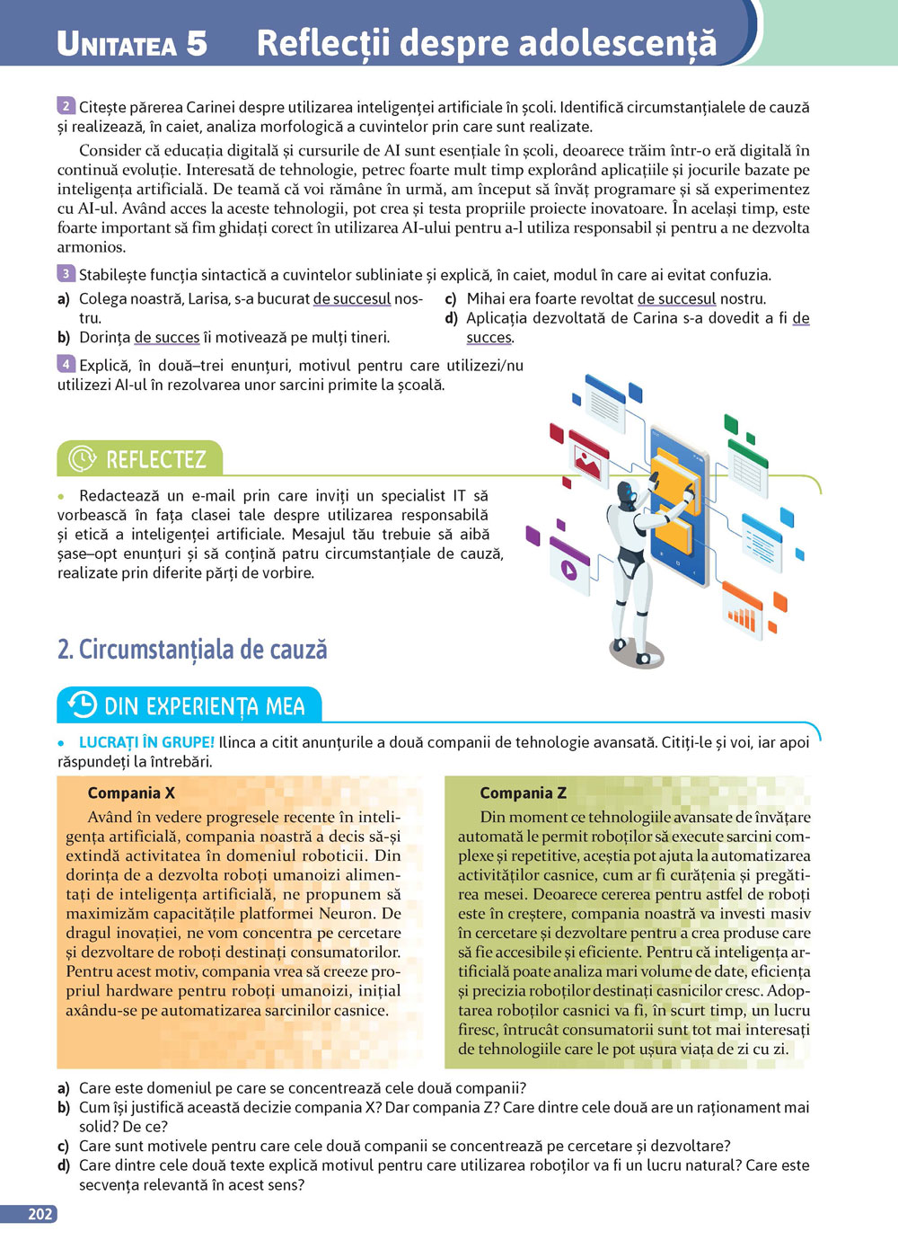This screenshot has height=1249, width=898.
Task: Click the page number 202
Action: pyautogui.click(x=40, y=1214)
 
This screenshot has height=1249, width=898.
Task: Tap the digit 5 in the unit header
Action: pyautogui.click(x=196, y=43)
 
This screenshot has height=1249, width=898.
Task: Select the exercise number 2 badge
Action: pyautogui.click(x=66, y=106)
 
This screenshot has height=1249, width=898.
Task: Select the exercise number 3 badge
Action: pyautogui.click(x=66, y=274)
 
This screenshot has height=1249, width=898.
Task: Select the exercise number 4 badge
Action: pyautogui.click(x=66, y=364)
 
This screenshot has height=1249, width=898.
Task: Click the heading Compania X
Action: pyautogui.click(x=131, y=793)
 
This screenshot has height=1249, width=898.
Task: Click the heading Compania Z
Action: pyautogui.click(x=523, y=793)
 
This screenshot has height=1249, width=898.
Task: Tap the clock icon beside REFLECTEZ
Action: pyautogui.click(x=83, y=458)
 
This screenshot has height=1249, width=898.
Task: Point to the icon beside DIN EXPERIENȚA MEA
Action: pyautogui.click(x=83, y=705)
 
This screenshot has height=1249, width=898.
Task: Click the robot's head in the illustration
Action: pyautogui.click(x=628, y=492)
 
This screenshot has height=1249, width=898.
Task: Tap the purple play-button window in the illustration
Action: pyautogui.click(x=569, y=567)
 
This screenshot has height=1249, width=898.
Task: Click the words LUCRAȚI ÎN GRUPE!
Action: pyautogui.click(x=146, y=742)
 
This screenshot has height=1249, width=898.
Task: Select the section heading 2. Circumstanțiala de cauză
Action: pyautogui.click(x=192, y=649)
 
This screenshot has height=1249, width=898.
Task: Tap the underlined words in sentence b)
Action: pyautogui.click(x=167, y=338)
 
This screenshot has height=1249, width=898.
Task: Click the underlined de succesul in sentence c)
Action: pyautogui.click(x=676, y=299)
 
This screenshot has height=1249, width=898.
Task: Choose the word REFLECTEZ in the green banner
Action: pyautogui.click(x=156, y=459)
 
